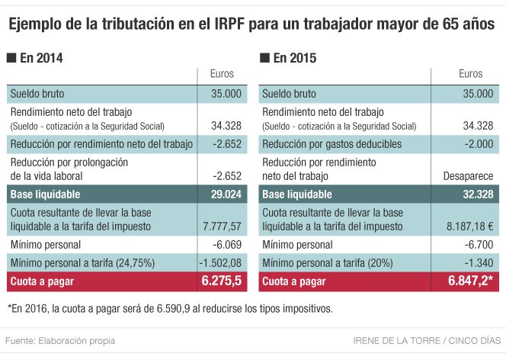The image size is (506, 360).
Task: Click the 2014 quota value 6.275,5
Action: tap(221, 281)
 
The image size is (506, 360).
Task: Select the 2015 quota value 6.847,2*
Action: tap(470, 281)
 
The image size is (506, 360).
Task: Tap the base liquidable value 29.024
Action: tap(226, 194)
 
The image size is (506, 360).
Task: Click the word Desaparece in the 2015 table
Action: tap(468, 176)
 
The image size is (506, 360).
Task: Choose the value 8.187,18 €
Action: tap(468, 227)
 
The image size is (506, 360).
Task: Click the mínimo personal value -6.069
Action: tap(226, 245)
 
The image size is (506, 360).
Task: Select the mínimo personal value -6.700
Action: tap(478, 245)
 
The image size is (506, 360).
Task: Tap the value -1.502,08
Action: tap(220, 263)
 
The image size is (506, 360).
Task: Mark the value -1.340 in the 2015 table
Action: tap(478, 263)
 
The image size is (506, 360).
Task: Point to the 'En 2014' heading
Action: tap(38, 58)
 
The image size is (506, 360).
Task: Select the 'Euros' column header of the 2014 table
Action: tap(222, 74)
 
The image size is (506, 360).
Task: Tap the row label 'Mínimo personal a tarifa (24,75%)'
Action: tap(84, 263)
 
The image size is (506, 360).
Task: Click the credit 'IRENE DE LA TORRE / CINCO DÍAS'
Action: tap(427, 339)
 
